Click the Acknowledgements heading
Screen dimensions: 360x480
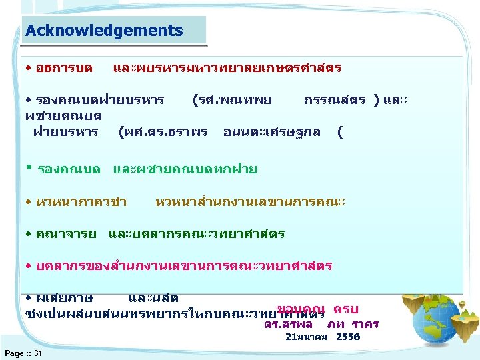pyautogui.click(x=103, y=31)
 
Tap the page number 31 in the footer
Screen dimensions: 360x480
pyautogui.click(x=38, y=353)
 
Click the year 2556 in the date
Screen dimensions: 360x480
pyautogui.click(x=348, y=337)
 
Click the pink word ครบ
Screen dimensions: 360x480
pyautogui.click(x=346, y=309)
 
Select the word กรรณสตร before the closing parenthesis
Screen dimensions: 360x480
pyautogui.click(x=334, y=100)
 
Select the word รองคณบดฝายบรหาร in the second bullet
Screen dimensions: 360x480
pyautogui.click(x=100, y=100)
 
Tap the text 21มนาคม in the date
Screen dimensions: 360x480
pyautogui.click(x=306, y=337)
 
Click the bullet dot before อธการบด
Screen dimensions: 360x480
pyautogui.click(x=29, y=69)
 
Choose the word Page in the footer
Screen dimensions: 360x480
pyautogui.click(x=14, y=353)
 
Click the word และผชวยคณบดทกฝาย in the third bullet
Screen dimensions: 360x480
pyautogui.click(x=185, y=169)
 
